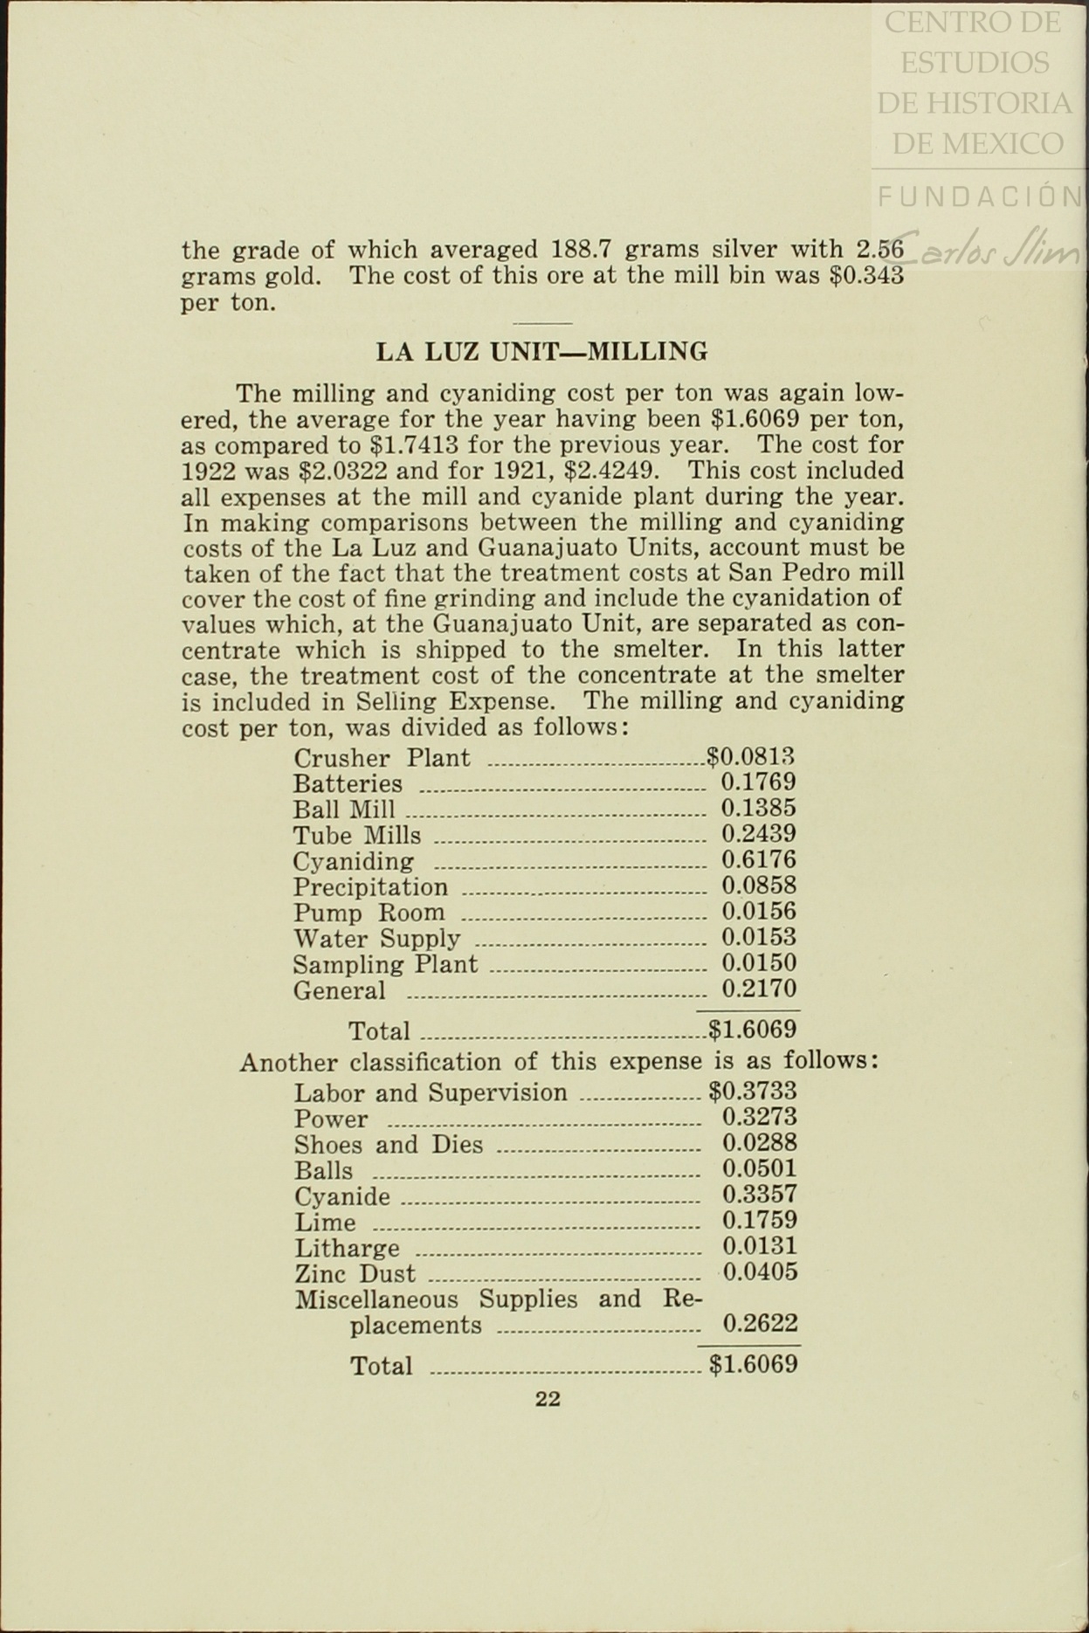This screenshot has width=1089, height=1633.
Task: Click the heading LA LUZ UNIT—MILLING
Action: pos(541,352)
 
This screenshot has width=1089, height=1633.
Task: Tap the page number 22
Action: pos(548,1399)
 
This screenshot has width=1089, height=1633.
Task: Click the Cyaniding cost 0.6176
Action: pos(758,860)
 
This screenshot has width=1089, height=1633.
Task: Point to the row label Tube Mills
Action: pos(356,836)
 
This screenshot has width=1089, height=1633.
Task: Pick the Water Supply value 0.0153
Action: pos(758,938)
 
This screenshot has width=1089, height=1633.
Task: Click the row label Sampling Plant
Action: pos(385,965)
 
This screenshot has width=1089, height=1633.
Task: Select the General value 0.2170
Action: pos(758,989)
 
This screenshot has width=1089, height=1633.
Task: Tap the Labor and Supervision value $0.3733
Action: pos(753,1092)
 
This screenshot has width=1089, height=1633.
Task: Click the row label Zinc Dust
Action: pos(355,1274)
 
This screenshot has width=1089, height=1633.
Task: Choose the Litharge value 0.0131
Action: pos(759,1246)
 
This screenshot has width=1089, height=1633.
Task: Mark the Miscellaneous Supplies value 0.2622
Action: pos(760,1324)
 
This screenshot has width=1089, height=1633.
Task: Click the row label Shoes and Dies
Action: pos(388,1145)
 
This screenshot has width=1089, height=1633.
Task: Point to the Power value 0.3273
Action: pos(759,1117)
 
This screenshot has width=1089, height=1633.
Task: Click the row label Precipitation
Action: pos(369,888)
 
